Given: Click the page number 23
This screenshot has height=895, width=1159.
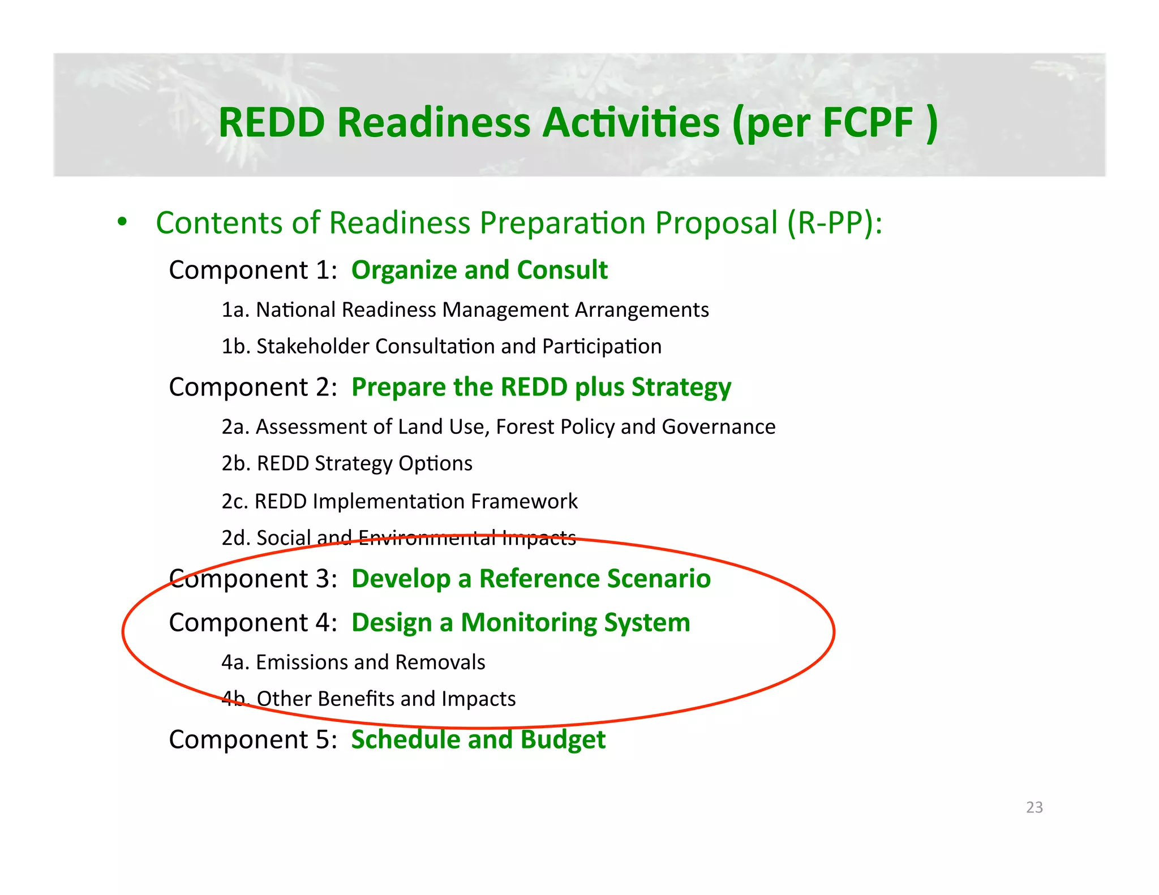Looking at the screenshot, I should click(x=1034, y=807).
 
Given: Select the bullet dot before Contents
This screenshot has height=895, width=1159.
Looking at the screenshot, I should click(x=122, y=222).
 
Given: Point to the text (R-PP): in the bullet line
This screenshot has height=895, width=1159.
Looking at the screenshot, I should click(x=835, y=223).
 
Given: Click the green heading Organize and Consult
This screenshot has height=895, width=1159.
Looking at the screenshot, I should click(x=479, y=270).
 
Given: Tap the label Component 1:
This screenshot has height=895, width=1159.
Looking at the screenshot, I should click(x=253, y=270).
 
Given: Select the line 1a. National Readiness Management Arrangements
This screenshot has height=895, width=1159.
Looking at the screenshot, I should click(x=465, y=310).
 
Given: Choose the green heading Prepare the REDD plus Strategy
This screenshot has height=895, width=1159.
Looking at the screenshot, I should click(x=541, y=388).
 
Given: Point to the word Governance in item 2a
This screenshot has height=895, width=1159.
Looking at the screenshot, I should click(x=718, y=427).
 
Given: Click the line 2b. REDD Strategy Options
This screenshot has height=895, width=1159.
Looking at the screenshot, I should click(x=347, y=463).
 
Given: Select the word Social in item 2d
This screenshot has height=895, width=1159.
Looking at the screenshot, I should click(x=284, y=537).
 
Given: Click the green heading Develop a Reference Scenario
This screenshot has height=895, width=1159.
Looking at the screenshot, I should click(x=531, y=579).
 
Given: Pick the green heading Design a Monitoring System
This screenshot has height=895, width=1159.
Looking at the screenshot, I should click(x=521, y=623).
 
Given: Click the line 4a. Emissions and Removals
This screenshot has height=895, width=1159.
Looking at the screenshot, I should click(x=353, y=662).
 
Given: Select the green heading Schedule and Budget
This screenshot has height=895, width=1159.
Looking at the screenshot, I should click(x=478, y=739).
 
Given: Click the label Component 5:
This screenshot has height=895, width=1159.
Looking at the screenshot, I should click(x=253, y=739).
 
